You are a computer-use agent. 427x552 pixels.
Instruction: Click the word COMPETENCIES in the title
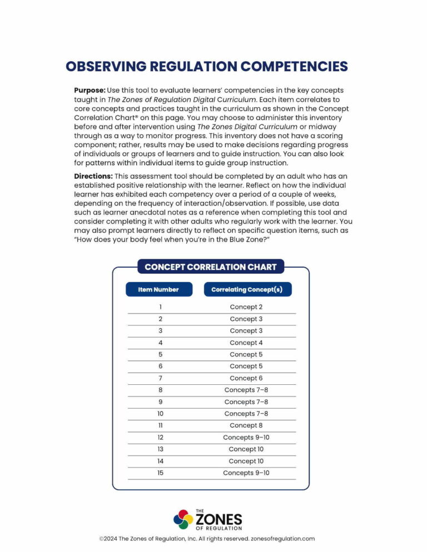tap(294, 67)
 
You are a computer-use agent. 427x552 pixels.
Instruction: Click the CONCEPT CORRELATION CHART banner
tap(210, 267)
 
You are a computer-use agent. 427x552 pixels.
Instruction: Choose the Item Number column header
tap(159, 289)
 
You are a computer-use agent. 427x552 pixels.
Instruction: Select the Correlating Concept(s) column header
tap(247, 289)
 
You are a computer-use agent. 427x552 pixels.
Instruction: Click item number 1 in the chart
tap(160, 307)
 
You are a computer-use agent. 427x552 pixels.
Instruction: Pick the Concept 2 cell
tap(246, 307)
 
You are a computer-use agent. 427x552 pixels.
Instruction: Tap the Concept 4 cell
tap(246, 343)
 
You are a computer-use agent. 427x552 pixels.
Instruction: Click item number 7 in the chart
tap(160, 378)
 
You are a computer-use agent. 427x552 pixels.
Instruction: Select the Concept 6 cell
tap(246, 378)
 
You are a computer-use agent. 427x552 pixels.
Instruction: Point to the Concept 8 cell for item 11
tap(246, 425)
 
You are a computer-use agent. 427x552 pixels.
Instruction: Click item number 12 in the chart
tap(160, 438)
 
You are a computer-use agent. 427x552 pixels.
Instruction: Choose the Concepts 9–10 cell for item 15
tap(246, 473)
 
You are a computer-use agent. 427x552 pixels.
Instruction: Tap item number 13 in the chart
tap(160, 449)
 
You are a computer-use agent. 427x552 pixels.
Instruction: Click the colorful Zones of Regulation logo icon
tap(183, 519)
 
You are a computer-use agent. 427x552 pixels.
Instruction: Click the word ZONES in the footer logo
tap(219, 519)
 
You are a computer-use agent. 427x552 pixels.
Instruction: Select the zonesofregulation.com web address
tap(283, 539)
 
